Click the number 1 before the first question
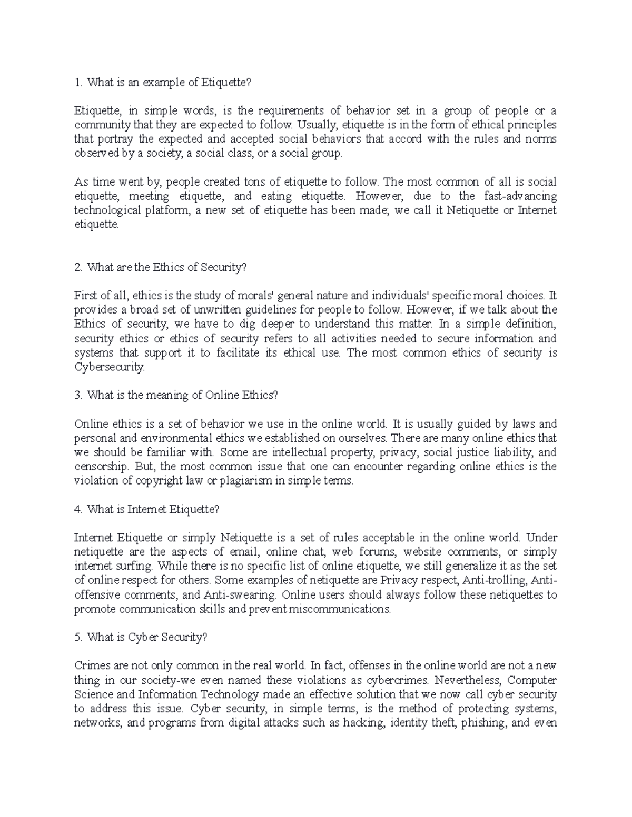77,82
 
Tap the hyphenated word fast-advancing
516,196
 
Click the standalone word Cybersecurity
108,368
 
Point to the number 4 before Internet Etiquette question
78,509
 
